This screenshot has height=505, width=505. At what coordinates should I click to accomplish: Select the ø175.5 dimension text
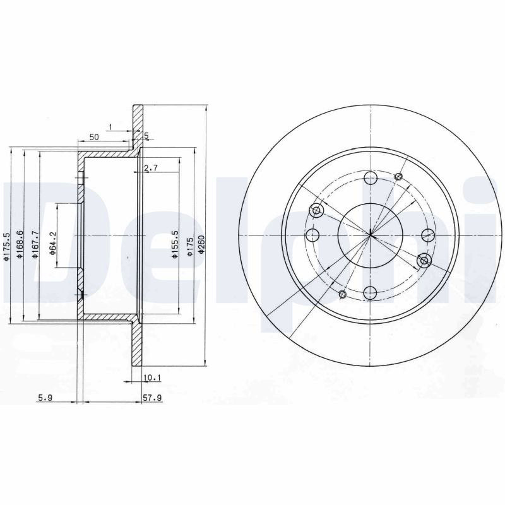click(6, 247)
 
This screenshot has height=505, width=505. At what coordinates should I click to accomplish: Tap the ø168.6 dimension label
click(20, 244)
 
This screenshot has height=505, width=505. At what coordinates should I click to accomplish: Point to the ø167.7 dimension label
click(35, 244)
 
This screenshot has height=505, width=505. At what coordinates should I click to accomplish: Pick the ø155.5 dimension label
click(175, 244)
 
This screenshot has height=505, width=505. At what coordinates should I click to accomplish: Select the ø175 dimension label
click(191, 247)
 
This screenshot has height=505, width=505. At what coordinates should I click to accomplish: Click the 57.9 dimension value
click(152, 398)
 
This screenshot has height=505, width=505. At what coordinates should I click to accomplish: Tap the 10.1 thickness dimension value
click(152, 377)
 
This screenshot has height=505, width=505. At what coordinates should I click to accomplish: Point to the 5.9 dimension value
click(45, 398)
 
